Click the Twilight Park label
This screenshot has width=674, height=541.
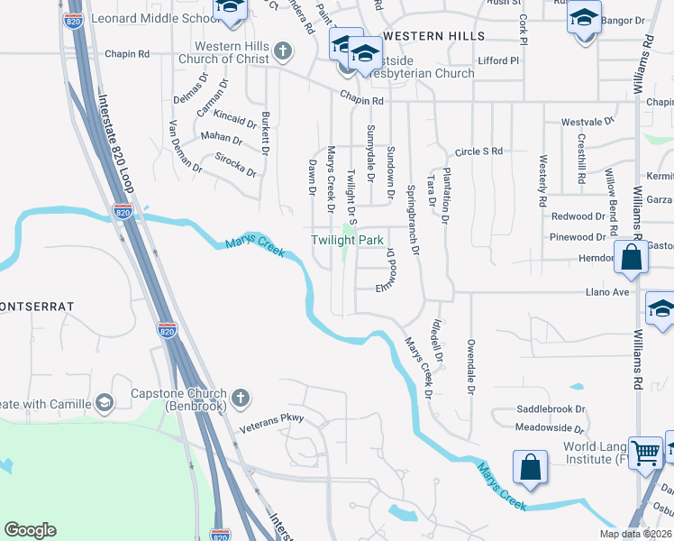pyautogui.click(x=348, y=241)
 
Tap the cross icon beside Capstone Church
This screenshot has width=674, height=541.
pyautogui.click(x=240, y=397)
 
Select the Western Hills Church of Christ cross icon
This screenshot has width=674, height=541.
pyautogui.click(x=283, y=50)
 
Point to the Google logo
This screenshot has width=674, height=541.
pyautogui.click(x=30, y=530)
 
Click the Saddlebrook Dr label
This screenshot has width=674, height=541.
pyautogui.click(x=551, y=408)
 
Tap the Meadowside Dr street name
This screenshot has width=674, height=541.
pyautogui.click(x=551, y=426)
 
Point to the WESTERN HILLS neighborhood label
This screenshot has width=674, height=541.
pyautogui.click(x=433, y=36)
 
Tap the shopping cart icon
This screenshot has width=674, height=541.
pyautogui.click(x=645, y=453)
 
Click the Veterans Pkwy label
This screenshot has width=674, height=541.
pyautogui.click(x=273, y=418)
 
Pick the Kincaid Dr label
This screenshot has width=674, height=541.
pyautogui.click(x=236, y=120)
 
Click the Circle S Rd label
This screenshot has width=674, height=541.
pyautogui.click(x=478, y=151)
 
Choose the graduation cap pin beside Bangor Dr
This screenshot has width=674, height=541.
pyautogui.click(x=584, y=18)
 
